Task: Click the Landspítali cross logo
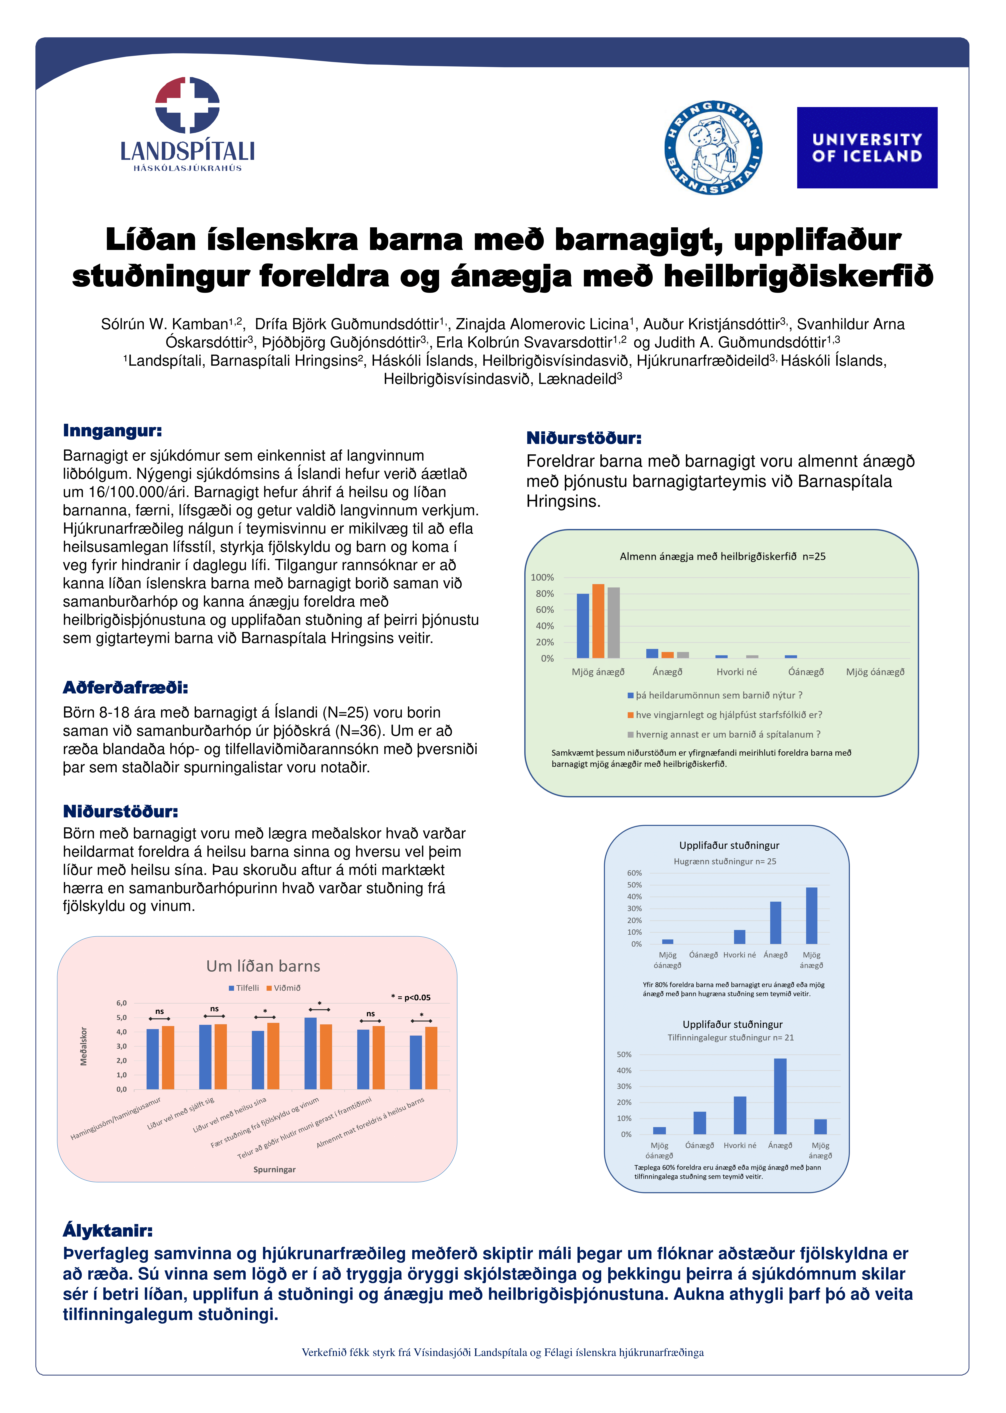187,105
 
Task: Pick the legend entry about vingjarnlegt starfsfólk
725,714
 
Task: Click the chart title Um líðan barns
263,966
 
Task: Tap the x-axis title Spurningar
274,1170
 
